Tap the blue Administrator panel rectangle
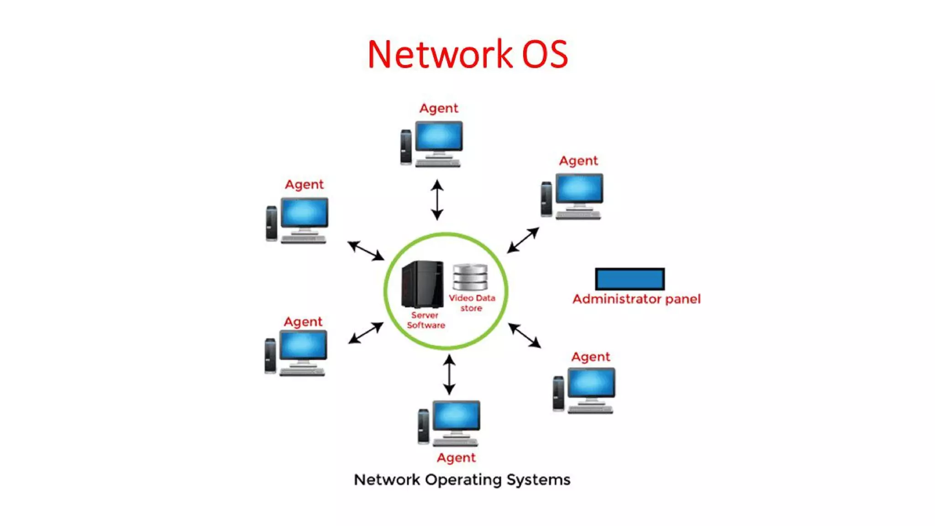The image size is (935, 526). tap(630, 279)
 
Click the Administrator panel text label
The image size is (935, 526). tap(636, 299)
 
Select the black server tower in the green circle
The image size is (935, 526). tap(422, 284)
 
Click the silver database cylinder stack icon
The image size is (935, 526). tap(470, 277)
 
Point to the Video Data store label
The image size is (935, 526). tap(472, 303)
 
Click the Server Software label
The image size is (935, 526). tap(425, 320)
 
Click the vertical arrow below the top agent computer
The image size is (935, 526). tap(437, 200)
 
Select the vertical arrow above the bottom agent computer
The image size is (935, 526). tap(449, 375)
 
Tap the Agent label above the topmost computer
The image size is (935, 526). tap(439, 108)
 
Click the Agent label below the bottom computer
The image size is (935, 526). tap(456, 458)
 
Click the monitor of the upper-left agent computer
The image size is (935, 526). tap(304, 212)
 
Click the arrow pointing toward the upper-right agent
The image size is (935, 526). tap(523, 240)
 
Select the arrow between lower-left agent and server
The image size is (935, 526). tap(366, 333)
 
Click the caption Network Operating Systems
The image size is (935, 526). tap(462, 480)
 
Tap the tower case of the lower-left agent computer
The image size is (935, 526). tap(270, 356)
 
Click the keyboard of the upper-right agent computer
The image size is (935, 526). tap(578, 216)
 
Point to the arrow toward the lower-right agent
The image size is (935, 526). tap(525, 336)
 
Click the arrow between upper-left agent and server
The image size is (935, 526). tap(366, 251)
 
